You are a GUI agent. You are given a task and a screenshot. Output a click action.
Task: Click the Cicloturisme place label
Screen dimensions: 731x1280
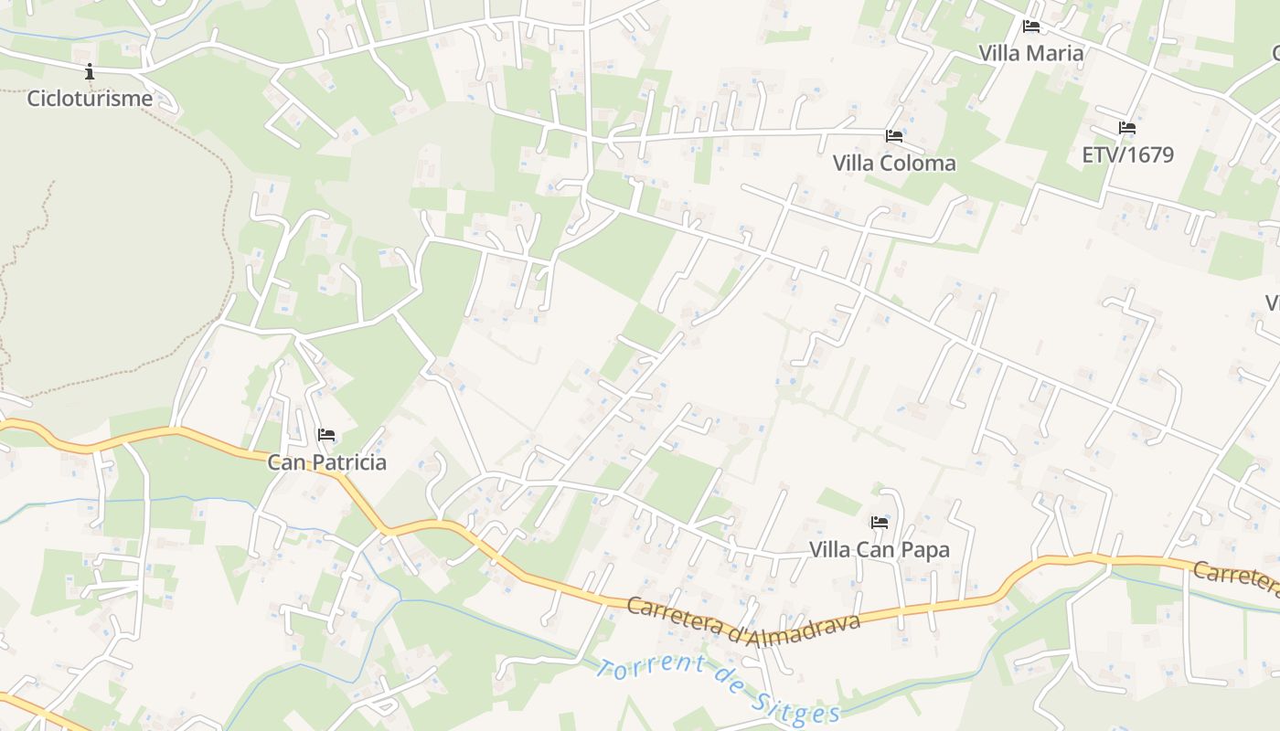(90, 99)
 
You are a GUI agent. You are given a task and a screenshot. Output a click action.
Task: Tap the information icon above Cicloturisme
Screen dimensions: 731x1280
(90, 71)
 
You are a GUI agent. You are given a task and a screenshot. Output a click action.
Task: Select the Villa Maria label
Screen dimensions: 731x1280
(1031, 53)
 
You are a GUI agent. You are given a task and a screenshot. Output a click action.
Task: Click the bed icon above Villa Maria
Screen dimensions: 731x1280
(1031, 26)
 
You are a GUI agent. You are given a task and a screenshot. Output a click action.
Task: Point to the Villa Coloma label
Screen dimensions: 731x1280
(894, 164)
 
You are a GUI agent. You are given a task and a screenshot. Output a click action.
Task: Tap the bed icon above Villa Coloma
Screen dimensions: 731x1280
(894, 136)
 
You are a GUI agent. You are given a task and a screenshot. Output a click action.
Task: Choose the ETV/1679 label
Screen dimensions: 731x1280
(1127, 154)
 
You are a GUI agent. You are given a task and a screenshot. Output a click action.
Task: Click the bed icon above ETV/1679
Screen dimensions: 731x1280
(1127, 128)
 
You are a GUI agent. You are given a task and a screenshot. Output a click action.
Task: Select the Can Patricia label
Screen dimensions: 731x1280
(326, 462)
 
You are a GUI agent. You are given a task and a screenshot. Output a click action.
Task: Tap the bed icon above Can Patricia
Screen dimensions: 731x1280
(326, 435)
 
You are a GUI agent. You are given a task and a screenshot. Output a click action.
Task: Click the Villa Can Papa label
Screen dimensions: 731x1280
(880, 550)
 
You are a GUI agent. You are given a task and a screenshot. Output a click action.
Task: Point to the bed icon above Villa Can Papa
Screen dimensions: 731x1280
(880, 523)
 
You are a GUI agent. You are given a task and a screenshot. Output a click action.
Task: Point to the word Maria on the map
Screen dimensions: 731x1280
(1057, 53)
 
